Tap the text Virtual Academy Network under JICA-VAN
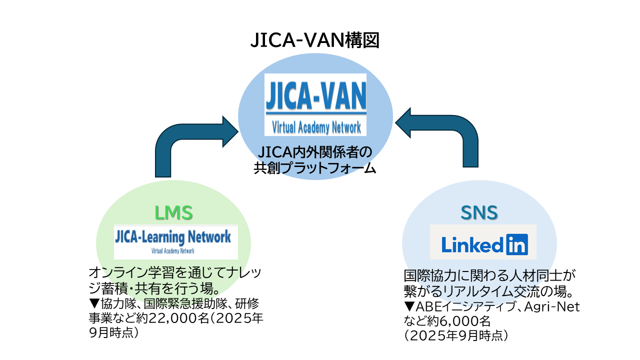(315, 127)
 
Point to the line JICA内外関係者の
(315, 151)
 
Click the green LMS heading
(173, 213)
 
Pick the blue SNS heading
(479, 213)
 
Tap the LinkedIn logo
(483, 243)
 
